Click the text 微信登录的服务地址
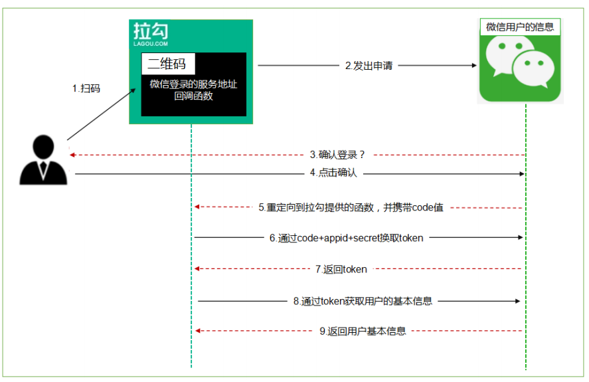193,84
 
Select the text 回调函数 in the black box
193,96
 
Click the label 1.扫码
86,88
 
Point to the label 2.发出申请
369,66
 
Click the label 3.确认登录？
338,155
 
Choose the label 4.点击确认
333,173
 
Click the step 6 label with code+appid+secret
346,238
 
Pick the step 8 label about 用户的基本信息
363,301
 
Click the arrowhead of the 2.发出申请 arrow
473,66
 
